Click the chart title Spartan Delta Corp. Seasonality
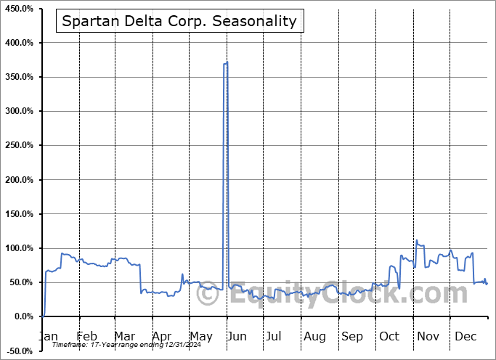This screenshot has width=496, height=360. pyautogui.click(x=179, y=21)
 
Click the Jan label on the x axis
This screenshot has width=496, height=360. pyautogui.click(x=47, y=336)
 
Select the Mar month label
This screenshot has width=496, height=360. pyautogui.click(x=124, y=336)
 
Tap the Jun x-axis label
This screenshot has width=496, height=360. pyautogui.click(x=236, y=336)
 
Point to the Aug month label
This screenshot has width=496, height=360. pyautogui.click(x=314, y=336)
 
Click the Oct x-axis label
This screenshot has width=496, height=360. pyautogui.click(x=389, y=336)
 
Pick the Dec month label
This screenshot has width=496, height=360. pyautogui.click(x=465, y=336)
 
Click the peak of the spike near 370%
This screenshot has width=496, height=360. pyautogui.click(x=227, y=62)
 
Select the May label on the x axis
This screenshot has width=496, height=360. pyautogui.click(x=200, y=336)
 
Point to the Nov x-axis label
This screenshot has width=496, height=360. pyautogui.click(x=428, y=336)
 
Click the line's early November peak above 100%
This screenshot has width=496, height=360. pyautogui.click(x=417, y=240)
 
